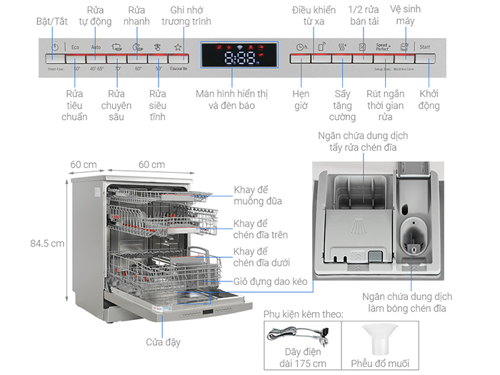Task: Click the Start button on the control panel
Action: pos(426,48)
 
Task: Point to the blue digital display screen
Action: pos(239,55)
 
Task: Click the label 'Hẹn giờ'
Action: pos(301,99)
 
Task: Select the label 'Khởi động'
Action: pos(429,99)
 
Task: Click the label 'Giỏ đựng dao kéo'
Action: pos(271,282)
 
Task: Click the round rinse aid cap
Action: pos(412,236)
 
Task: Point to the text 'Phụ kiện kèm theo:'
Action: pos(304,314)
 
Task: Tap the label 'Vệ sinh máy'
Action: pos(403,16)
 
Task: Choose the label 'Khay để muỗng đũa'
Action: pos(258,196)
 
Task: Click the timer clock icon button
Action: pos(301,48)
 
